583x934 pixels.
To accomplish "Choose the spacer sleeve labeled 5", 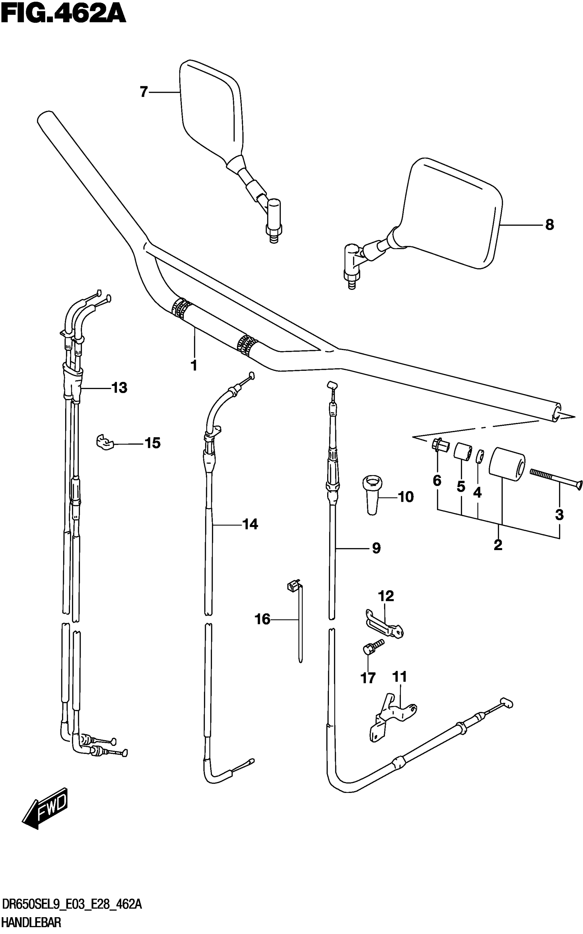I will (x=462, y=452).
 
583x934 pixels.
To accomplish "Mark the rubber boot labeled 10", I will (x=372, y=494).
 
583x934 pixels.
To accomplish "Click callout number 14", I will (x=250, y=524).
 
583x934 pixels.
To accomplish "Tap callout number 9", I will (x=376, y=548).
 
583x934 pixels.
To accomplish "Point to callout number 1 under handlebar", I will (x=194, y=365).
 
